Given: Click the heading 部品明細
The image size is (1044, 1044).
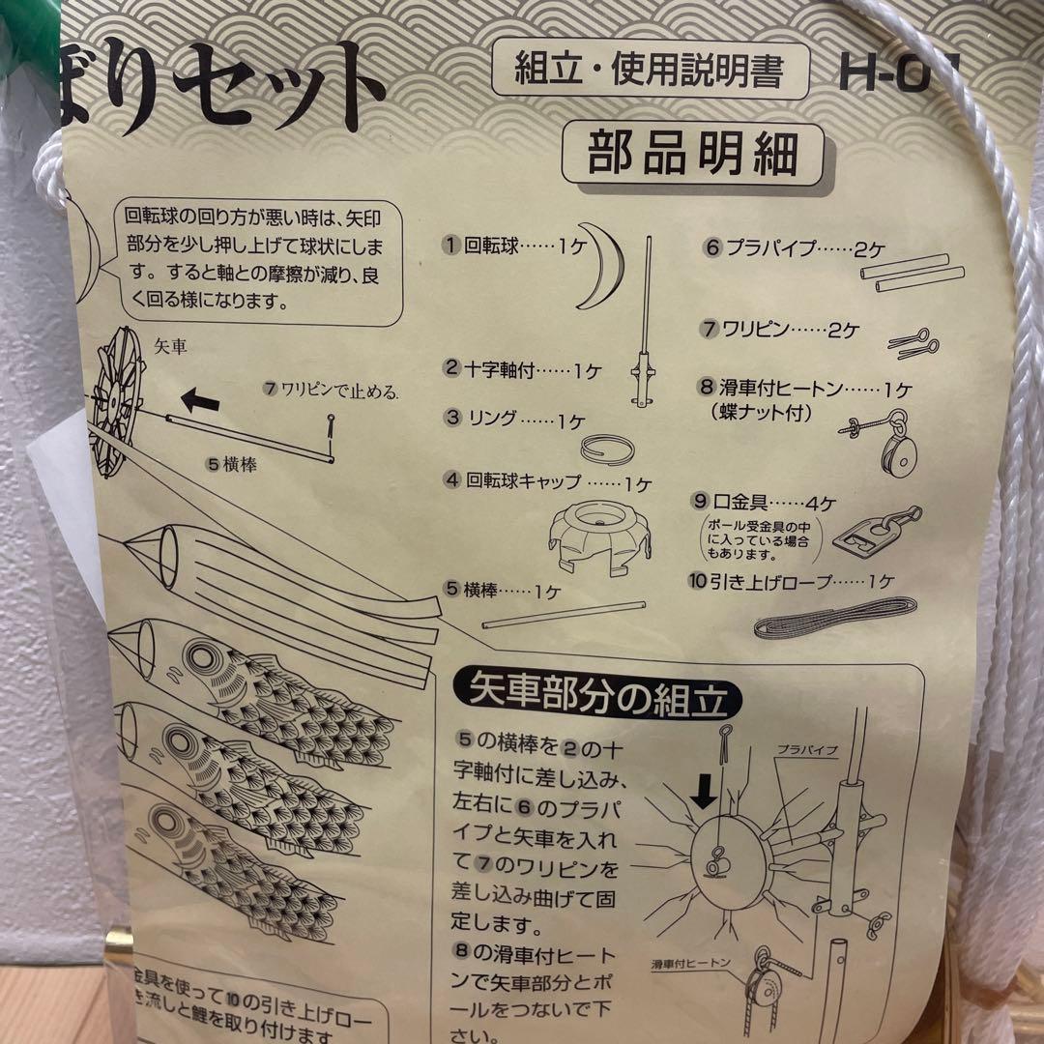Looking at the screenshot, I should [x=693, y=156].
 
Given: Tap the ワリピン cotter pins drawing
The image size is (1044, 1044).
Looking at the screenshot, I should [x=915, y=341].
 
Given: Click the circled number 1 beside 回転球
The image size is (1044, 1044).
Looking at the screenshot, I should [x=450, y=246].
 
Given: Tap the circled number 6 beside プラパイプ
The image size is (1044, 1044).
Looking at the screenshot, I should [x=712, y=246].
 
